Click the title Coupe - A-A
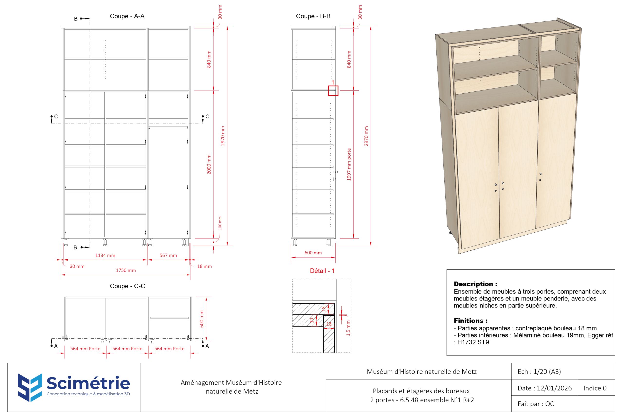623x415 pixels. (127, 16)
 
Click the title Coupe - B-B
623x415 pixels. (313, 16)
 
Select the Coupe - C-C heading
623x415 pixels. (128, 286)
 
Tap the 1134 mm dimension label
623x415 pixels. (105, 256)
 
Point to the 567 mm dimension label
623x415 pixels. (168, 256)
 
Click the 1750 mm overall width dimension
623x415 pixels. (126, 270)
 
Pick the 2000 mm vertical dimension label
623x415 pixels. (209, 164)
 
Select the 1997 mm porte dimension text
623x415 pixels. (349, 164)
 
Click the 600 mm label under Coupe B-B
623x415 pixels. (313, 253)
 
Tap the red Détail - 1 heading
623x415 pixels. (322, 271)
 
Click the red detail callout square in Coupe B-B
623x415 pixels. (333, 91)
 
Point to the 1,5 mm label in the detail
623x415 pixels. (348, 328)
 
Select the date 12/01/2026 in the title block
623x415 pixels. (554, 388)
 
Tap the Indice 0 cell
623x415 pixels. (595, 388)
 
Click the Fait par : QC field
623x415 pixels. (536, 404)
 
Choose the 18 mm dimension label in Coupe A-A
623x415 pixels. (204, 266)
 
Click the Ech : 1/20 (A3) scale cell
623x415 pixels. (539, 371)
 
